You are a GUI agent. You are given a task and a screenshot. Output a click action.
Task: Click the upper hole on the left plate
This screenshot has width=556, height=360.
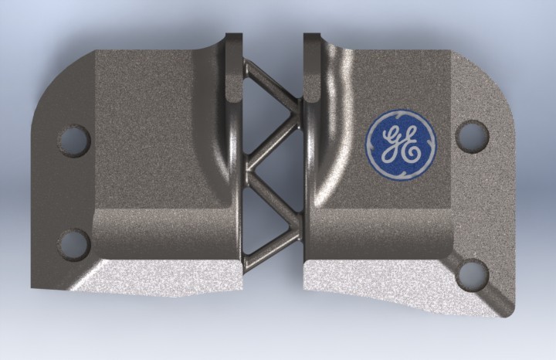pos(73,141)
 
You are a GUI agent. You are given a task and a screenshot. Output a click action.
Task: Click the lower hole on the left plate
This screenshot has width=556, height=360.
pos(74,243)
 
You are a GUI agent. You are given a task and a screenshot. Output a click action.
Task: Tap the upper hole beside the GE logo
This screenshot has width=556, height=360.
pos(472,136)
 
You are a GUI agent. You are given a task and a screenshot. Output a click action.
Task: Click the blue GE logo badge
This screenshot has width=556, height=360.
pos(400,141)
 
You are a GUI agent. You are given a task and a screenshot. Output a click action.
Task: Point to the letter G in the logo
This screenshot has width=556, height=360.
pos(392,140)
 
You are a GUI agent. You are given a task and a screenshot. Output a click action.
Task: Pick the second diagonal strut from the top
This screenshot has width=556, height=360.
pos(273,139)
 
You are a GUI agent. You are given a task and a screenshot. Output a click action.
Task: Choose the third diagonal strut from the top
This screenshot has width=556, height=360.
pos(272,193)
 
